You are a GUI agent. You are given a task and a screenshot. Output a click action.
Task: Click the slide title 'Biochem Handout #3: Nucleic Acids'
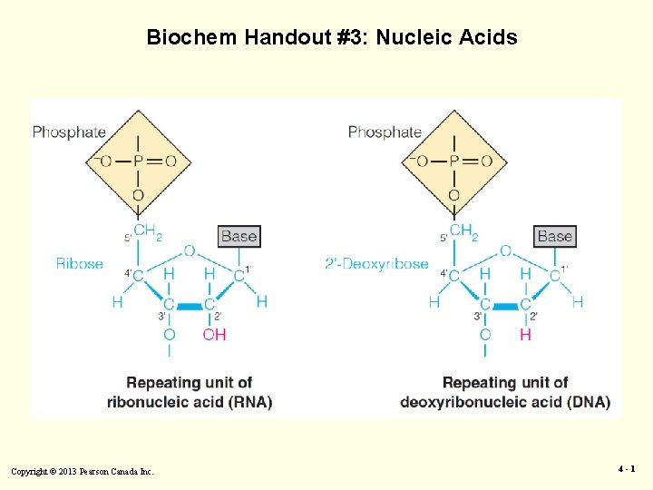332,37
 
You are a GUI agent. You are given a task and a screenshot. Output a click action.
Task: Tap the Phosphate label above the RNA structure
69,132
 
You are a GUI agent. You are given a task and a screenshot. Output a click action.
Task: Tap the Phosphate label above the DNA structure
385,132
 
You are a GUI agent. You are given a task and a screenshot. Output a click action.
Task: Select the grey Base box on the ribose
239,236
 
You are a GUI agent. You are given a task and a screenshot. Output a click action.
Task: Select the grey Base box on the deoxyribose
554,236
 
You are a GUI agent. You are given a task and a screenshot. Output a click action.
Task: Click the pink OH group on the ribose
214,335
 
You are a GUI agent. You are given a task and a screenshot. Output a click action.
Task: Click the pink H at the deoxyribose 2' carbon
525,335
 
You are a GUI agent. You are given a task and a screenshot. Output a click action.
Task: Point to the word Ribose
80,264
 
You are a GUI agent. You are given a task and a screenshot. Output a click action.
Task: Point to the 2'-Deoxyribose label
376,264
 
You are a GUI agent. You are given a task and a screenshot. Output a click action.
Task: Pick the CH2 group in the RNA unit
147,232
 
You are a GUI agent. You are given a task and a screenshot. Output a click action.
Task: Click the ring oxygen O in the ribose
189,250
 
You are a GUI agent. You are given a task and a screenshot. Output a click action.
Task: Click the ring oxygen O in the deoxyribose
505,250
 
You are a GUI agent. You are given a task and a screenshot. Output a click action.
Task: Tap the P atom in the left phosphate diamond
138,162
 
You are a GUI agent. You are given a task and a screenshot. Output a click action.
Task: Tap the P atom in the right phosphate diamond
453,162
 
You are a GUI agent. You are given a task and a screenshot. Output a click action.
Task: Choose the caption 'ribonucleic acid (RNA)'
190,402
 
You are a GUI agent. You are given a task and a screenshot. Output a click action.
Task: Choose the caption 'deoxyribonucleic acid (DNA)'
505,402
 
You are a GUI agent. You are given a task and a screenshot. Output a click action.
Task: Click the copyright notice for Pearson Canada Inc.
83,471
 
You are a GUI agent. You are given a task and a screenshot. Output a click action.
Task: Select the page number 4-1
627,469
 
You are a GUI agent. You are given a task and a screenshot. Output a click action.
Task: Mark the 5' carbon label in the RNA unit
127,239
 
